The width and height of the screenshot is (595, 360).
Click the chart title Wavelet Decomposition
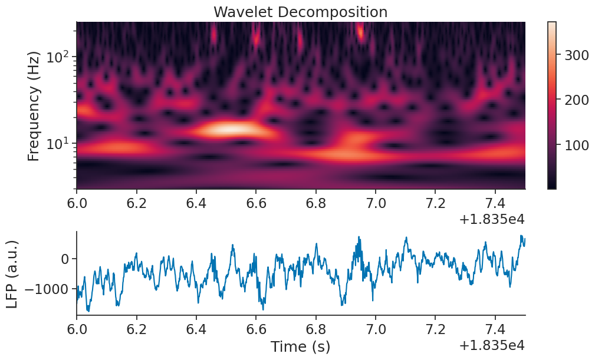pyautogui.click(x=300, y=12)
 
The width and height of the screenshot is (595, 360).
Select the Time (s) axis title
pyautogui.click(x=300, y=346)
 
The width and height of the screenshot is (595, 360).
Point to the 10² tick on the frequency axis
pyautogui.click(x=59, y=58)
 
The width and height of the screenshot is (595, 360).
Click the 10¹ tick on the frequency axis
pyautogui.click(x=59, y=143)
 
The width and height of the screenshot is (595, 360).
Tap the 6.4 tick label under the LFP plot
pyautogui.click(x=196, y=328)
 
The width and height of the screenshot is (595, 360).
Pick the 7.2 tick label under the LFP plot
pyautogui.click(x=435, y=328)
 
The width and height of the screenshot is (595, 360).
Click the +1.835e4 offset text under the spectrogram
pyautogui.click(x=492, y=219)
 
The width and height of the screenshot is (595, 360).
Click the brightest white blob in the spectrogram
pyautogui.click(x=231, y=128)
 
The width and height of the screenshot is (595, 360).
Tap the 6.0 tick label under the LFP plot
pyautogui.click(x=77, y=328)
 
